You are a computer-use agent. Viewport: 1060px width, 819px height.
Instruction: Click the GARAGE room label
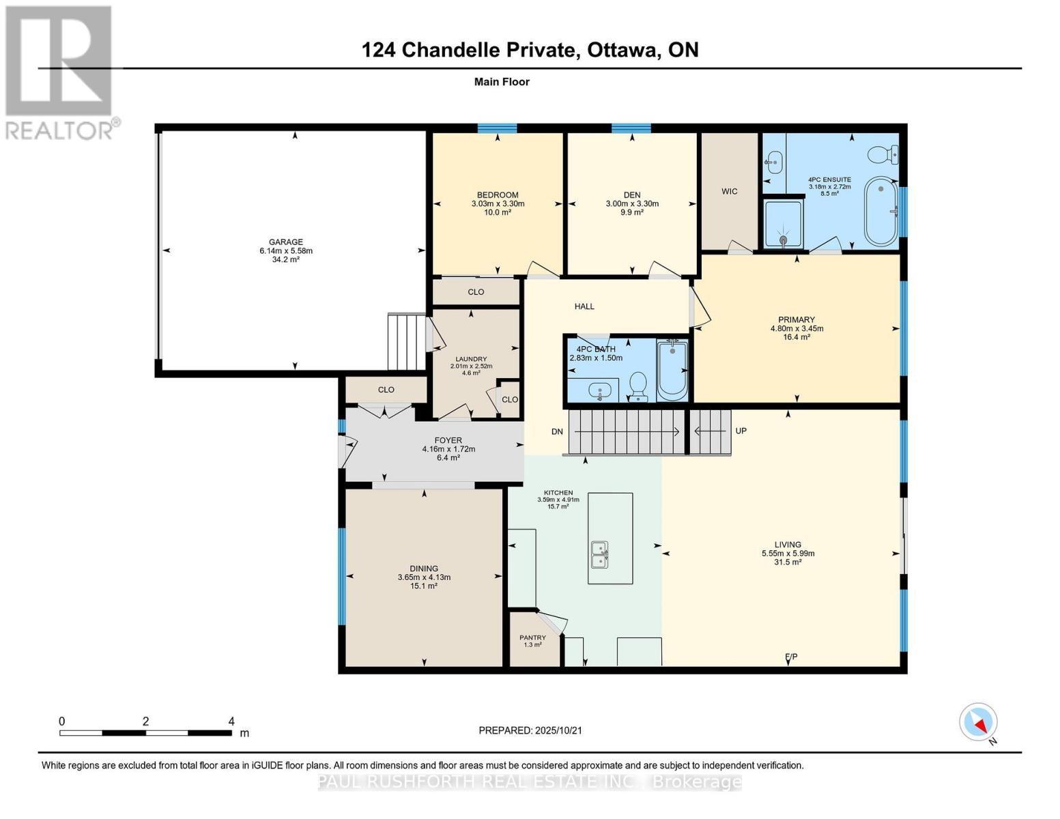(285, 242)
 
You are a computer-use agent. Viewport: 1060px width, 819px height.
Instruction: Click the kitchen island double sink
(600, 554)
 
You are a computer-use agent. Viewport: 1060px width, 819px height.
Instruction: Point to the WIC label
(729, 192)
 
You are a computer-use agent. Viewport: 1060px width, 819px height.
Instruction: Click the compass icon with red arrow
(979, 722)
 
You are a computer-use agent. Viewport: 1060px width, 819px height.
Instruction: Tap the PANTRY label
(532, 637)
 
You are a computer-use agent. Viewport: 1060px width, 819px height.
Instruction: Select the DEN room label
(631, 195)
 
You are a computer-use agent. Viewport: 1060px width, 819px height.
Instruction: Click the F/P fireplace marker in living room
(791, 657)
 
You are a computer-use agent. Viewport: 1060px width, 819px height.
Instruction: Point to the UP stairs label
(741, 431)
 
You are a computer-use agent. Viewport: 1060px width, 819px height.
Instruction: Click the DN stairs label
(557, 432)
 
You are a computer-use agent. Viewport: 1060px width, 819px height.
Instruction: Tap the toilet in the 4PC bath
(638, 385)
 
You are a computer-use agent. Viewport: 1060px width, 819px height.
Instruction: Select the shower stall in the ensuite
(782, 223)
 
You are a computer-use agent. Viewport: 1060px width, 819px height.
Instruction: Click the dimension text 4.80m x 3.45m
(797, 328)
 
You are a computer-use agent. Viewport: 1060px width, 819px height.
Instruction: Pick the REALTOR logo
(60, 72)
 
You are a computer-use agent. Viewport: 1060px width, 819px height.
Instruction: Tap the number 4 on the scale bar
(231, 721)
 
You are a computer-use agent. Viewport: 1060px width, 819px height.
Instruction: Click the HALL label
(584, 306)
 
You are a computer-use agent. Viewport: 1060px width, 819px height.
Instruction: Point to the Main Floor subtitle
(502, 82)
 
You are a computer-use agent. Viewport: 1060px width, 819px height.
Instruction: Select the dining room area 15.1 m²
(423, 586)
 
